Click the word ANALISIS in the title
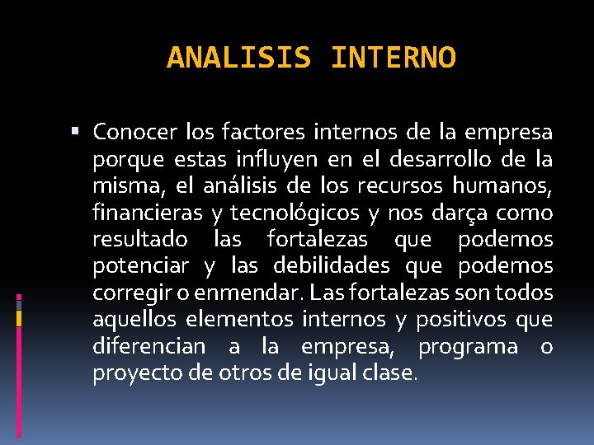pyautogui.click(x=238, y=58)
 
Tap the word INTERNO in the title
pyautogui.click(x=392, y=58)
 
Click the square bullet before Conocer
pyautogui.click(x=77, y=132)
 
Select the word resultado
pyautogui.click(x=141, y=239)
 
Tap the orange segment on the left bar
pyautogui.click(x=19, y=317)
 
